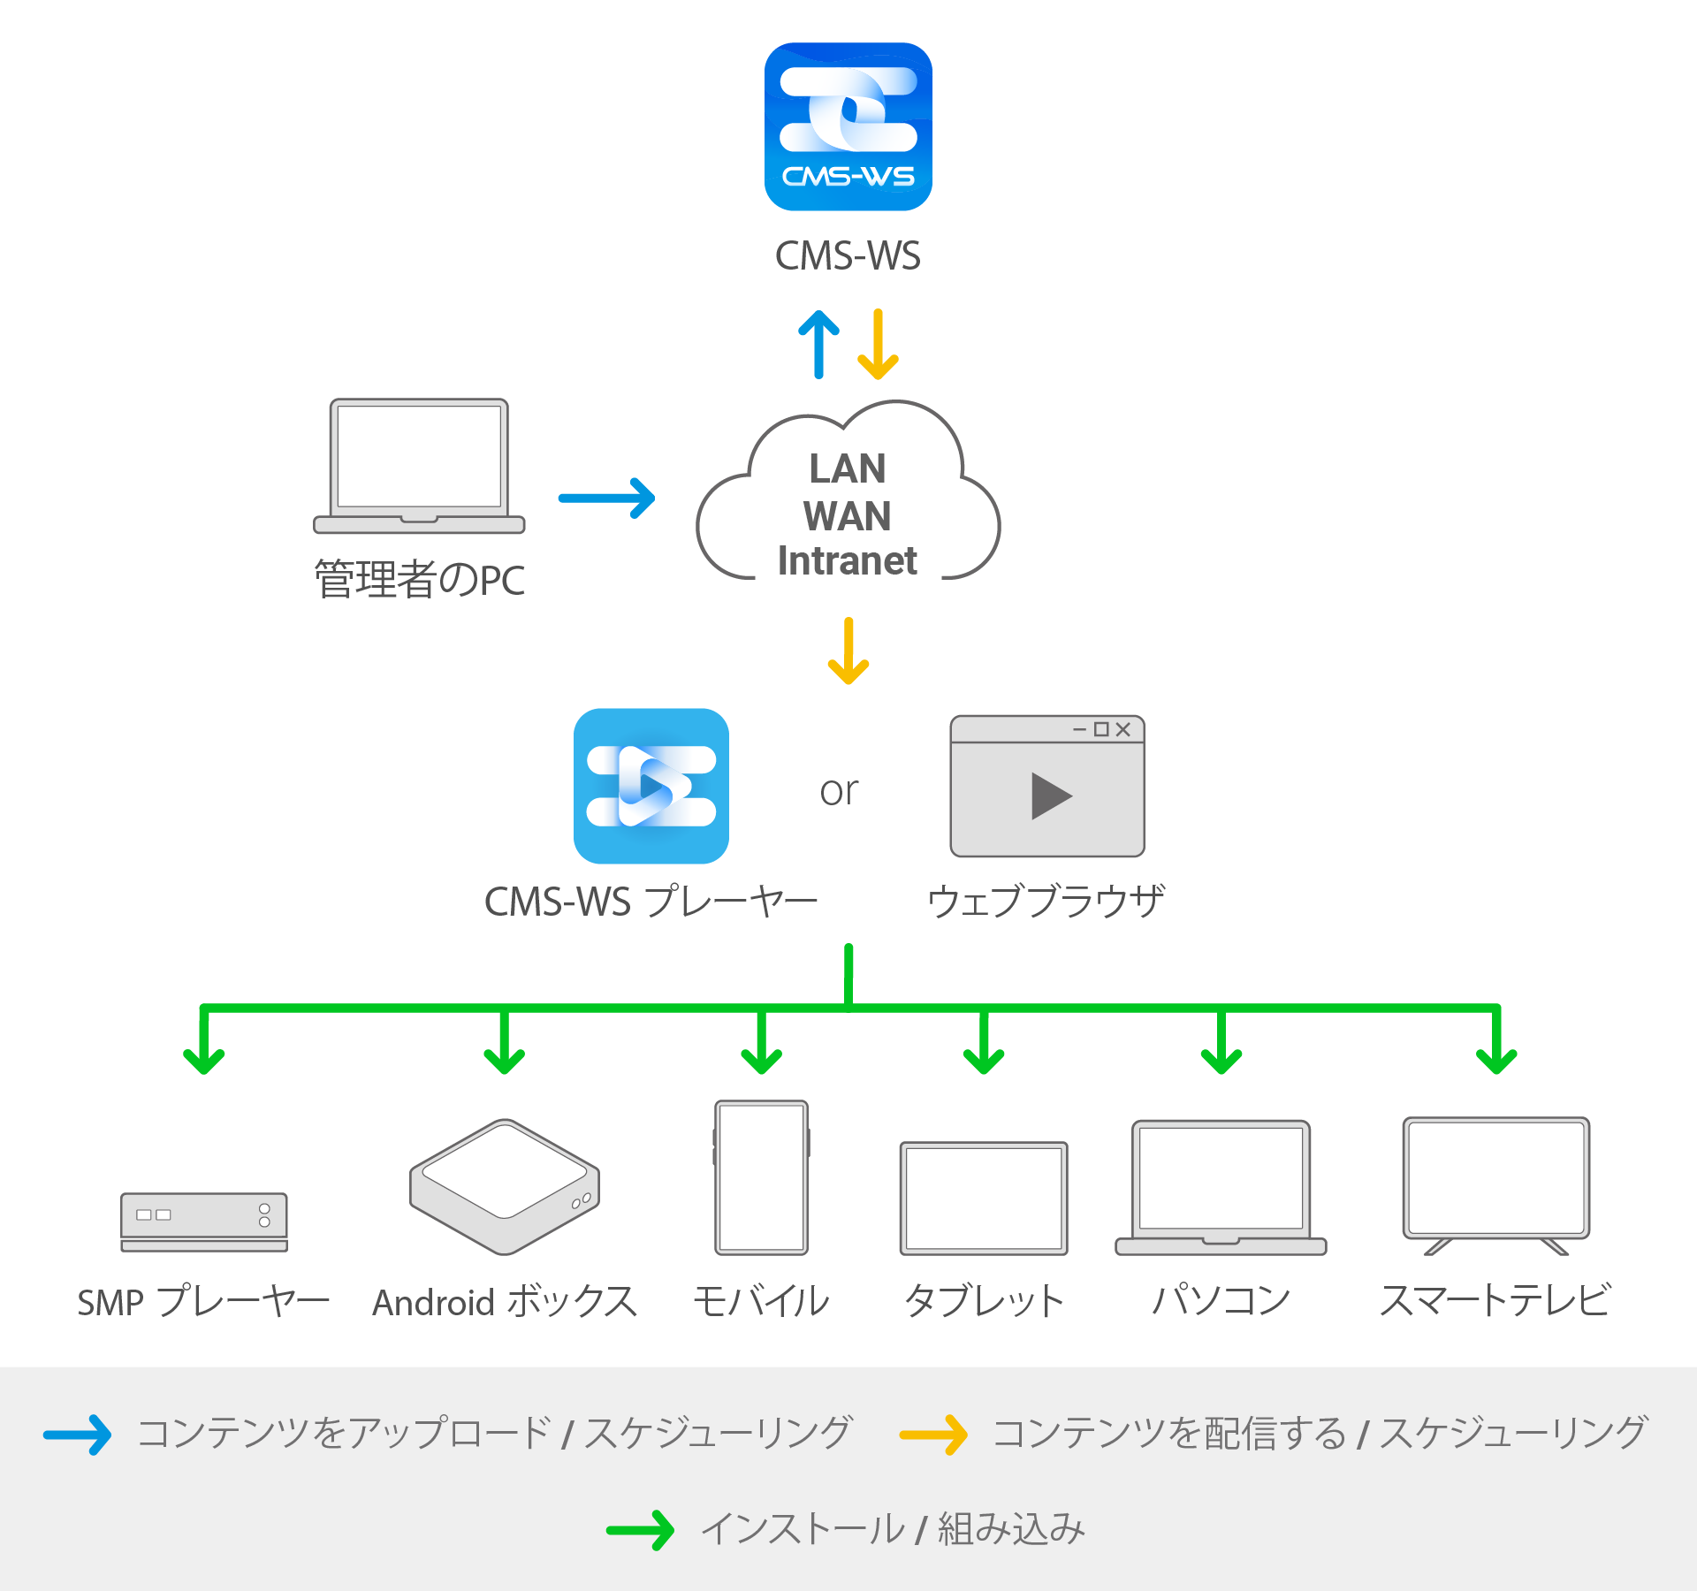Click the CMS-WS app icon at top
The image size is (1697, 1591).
[x=848, y=126]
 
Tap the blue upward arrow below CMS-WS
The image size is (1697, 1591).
[x=818, y=344]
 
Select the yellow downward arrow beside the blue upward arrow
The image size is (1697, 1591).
[x=878, y=344]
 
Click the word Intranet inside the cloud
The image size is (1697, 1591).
[x=847, y=560]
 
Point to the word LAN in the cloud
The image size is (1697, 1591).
[x=848, y=468]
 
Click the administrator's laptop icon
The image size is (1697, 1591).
[x=419, y=466]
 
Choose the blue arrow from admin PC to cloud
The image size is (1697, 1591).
[x=606, y=499]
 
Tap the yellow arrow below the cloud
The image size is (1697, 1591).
[x=848, y=651]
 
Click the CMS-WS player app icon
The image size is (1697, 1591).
[x=651, y=786]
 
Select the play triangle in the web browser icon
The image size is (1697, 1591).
[x=1050, y=796]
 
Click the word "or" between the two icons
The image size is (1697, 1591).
[x=839, y=791]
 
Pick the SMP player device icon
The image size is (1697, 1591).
[x=204, y=1222]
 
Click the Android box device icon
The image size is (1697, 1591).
[x=505, y=1187]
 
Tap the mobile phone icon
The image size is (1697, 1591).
[x=762, y=1177]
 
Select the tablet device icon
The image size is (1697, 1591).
[x=984, y=1199]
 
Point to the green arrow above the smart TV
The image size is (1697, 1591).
[x=1496, y=1041]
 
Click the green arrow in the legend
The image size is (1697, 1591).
[x=641, y=1530]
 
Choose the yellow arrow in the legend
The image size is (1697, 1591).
[x=933, y=1435]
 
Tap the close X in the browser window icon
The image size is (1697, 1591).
[x=1123, y=729]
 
